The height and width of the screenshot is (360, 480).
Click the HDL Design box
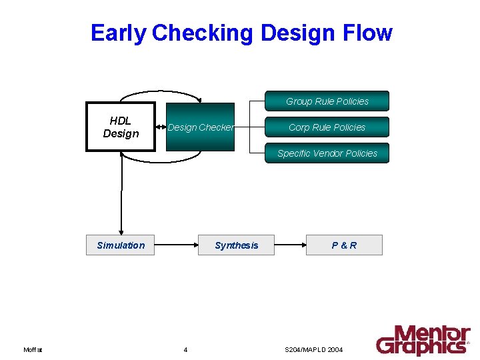tap(121, 127)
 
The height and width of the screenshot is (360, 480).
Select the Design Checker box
tap(200, 127)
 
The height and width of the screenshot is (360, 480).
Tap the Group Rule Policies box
tap(327, 101)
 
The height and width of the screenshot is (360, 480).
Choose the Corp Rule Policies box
tap(327, 127)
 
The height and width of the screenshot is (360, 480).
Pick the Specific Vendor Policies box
tap(327, 153)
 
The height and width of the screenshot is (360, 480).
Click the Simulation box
tap(121, 245)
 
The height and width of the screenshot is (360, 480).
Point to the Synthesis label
tap(236, 245)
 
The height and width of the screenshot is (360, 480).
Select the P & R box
tap(344, 245)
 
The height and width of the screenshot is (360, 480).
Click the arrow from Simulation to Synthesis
tap(176, 245)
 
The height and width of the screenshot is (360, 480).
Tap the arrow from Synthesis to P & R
tap(290, 245)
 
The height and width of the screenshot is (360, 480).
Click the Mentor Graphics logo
tap(423, 340)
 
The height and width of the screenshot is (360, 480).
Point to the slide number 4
tap(185, 350)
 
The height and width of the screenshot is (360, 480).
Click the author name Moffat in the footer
tap(33, 350)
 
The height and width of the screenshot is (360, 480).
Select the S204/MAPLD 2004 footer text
tap(313, 350)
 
